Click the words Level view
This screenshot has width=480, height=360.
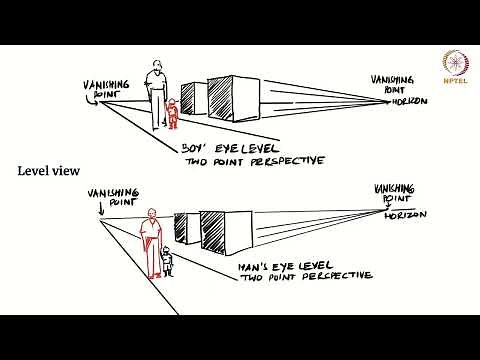[51, 171]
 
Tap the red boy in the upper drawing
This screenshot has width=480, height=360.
[172, 114]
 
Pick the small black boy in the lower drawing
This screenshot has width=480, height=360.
[167, 263]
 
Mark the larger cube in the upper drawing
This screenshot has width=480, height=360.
[229, 99]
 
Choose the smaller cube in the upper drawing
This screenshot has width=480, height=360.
[192, 97]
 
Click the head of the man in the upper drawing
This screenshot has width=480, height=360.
[154, 70]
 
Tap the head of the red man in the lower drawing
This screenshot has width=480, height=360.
[151, 213]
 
